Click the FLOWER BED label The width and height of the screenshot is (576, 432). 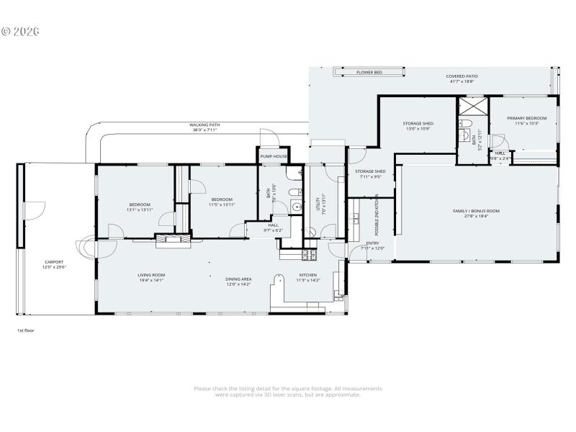[369, 73]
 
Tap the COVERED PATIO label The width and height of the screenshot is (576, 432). [462, 76]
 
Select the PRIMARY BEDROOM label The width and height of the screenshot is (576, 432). [526, 118]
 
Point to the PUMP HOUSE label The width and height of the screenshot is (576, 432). [274, 156]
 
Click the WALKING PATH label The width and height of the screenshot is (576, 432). [204, 125]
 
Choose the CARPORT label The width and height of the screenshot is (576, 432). [54, 262]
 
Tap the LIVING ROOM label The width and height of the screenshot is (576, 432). [151, 275]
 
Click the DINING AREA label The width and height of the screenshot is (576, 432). [238, 279]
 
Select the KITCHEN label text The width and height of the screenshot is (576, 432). [307, 275]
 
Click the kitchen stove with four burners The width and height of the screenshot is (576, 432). [307, 254]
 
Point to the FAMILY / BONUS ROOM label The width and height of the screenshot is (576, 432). [476, 211]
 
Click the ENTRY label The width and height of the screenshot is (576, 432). [372, 243]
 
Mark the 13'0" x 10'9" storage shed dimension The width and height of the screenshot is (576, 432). [418, 129]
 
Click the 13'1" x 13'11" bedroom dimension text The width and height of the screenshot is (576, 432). [139, 210]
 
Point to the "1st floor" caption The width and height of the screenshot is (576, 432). [26, 330]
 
